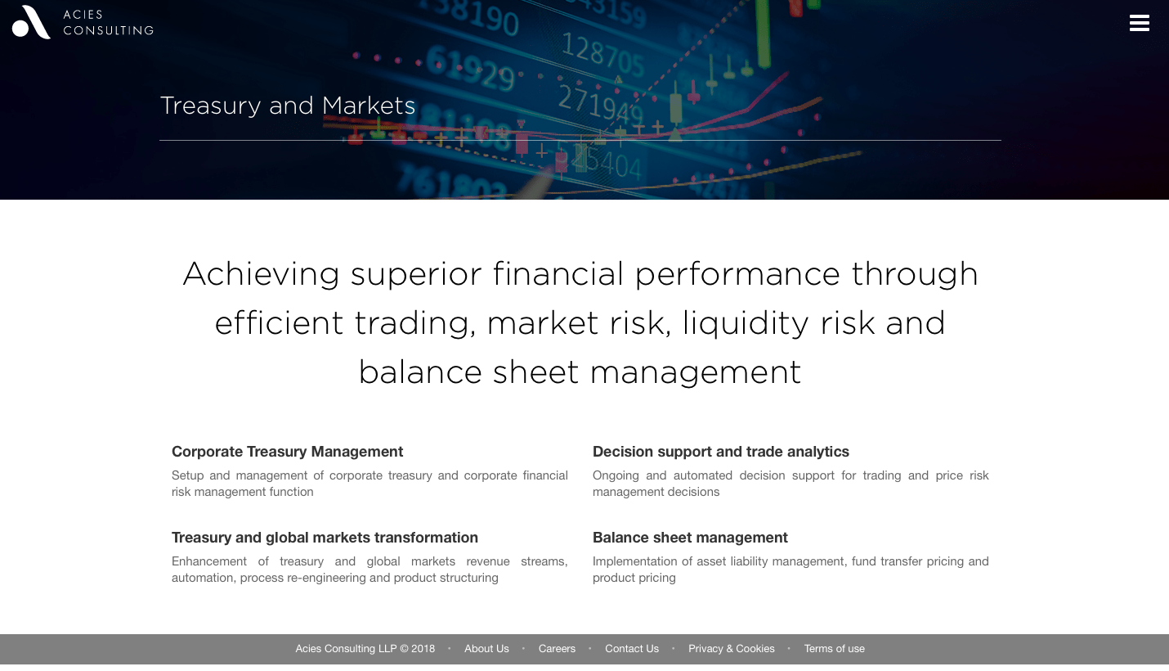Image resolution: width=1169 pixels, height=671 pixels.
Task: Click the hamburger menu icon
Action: [1140, 23]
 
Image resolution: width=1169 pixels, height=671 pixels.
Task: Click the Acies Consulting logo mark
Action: [31, 22]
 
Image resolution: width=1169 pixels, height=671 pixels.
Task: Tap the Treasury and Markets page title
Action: [288, 106]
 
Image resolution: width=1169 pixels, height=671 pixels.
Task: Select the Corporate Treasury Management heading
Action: [287, 452]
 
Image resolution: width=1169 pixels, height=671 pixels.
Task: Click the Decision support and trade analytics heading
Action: [721, 452]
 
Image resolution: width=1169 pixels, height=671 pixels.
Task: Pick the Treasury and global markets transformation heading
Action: [325, 538]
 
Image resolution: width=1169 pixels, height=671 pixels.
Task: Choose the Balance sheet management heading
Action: [690, 538]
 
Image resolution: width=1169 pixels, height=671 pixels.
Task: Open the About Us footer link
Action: [486, 649]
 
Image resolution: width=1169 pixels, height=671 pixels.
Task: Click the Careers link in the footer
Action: [557, 649]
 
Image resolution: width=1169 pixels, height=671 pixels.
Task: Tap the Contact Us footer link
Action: [632, 649]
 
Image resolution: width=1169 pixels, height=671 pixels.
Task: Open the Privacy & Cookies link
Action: [731, 649]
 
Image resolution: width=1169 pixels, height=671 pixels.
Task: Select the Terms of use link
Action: [834, 649]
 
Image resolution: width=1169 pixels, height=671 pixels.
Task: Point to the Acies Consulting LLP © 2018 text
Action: [365, 649]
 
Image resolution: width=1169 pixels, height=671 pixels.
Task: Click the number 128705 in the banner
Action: [602, 54]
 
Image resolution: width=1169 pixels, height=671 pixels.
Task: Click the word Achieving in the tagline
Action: [261, 274]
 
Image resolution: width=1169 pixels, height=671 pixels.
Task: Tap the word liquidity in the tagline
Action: [746, 323]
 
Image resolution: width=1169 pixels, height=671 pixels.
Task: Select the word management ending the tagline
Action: [695, 372]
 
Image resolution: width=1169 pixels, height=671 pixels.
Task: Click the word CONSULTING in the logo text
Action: [109, 30]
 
